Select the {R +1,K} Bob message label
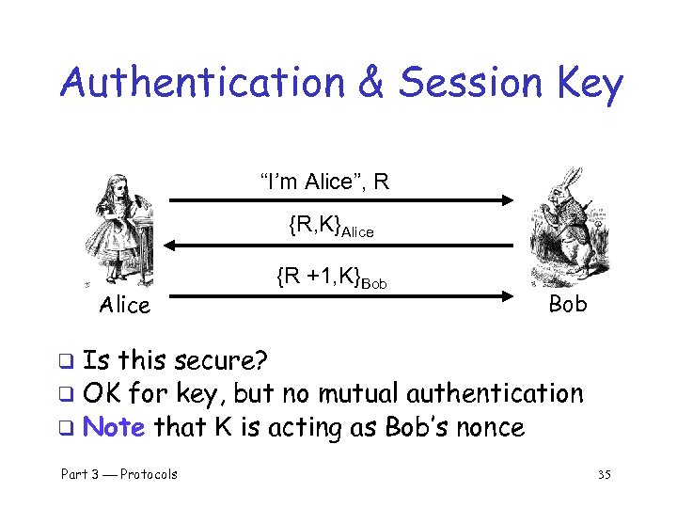(331, 278)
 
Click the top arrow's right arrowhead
(508, 199)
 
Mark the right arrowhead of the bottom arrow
(508, 294)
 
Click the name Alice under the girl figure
(125, 305)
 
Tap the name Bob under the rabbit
(567, 304)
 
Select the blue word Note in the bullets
(114, 427)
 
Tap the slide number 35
(604, 474)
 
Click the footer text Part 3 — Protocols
(119, 474)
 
